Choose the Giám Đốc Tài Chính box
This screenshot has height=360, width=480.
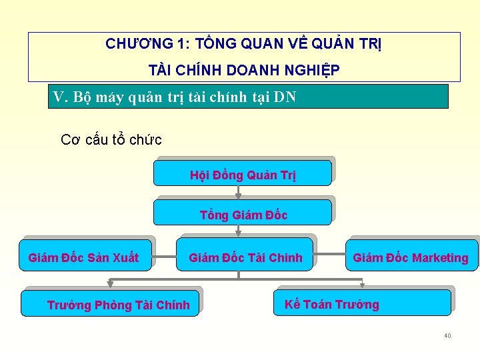[x=245, y=257]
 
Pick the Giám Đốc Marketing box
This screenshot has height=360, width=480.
[x=411, y=257]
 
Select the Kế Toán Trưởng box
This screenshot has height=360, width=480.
[x=363, y=303]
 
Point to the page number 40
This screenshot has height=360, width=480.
[x=447, y=335]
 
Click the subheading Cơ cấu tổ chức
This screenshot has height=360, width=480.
[x=111, y=140]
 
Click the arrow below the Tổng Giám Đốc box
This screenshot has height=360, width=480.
[x=238, y=231]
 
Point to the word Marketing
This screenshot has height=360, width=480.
[x=440, y=258]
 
